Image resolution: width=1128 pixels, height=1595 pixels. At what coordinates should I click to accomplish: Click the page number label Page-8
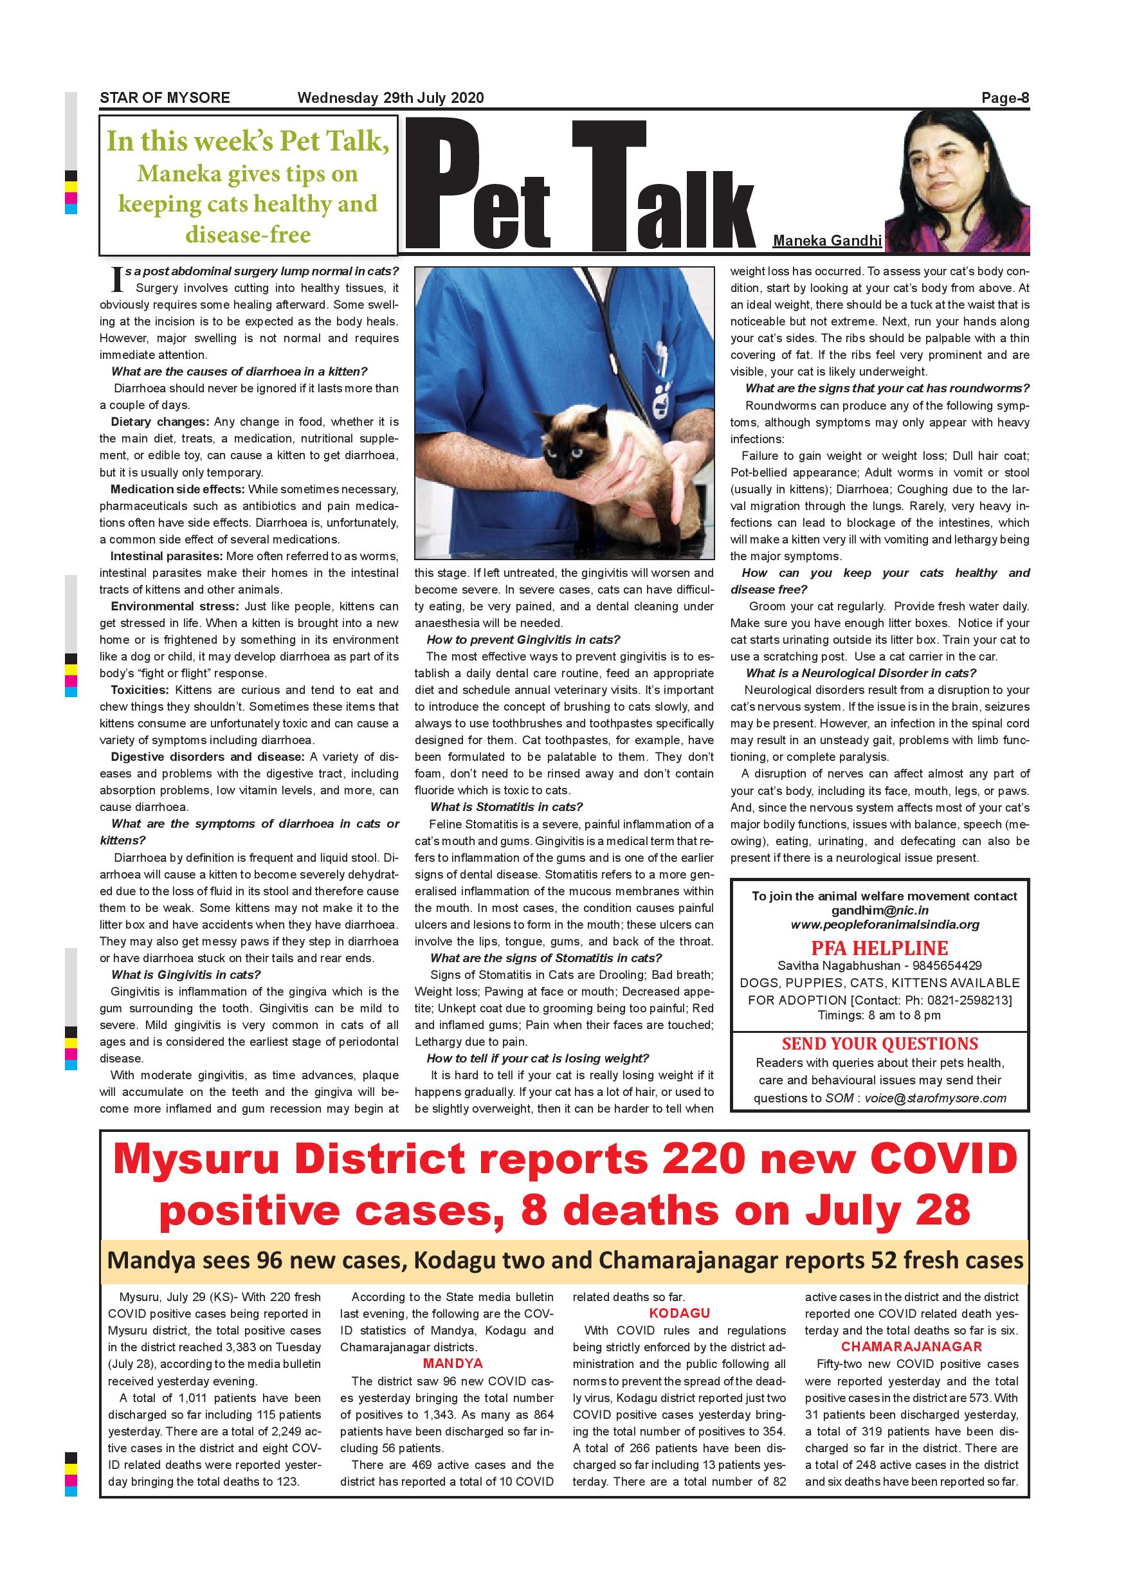[x=1005, y=98]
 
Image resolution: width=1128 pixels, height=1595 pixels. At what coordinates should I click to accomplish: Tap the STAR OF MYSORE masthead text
[x=165, y=98]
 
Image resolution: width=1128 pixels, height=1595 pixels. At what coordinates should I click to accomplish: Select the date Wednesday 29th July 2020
[x=390, y=98]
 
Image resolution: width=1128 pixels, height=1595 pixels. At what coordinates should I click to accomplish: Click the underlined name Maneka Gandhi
[x=826, y=241]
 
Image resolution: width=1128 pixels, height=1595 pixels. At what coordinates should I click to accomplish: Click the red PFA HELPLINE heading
[x=879, y=947]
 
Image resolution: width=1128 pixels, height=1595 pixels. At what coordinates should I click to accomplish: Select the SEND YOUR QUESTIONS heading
[x=879, y=1043]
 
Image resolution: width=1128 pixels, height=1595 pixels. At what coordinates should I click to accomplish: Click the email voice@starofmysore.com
[x=935, y=1098]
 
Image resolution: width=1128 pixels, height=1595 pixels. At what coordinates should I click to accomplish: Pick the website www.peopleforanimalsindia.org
[x=885, y=925]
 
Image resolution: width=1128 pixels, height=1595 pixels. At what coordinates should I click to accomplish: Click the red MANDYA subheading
[x=452, y=1363]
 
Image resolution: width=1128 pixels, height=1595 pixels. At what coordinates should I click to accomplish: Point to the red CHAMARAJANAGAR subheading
[x=911, y=1346]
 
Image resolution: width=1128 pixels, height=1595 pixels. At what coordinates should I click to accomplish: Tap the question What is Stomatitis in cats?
[x=505, y=807]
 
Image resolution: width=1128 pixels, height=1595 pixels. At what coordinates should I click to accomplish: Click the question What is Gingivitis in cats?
[x=186, y=974]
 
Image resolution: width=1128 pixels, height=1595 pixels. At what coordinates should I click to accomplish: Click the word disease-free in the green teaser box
[x=248, y=234]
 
